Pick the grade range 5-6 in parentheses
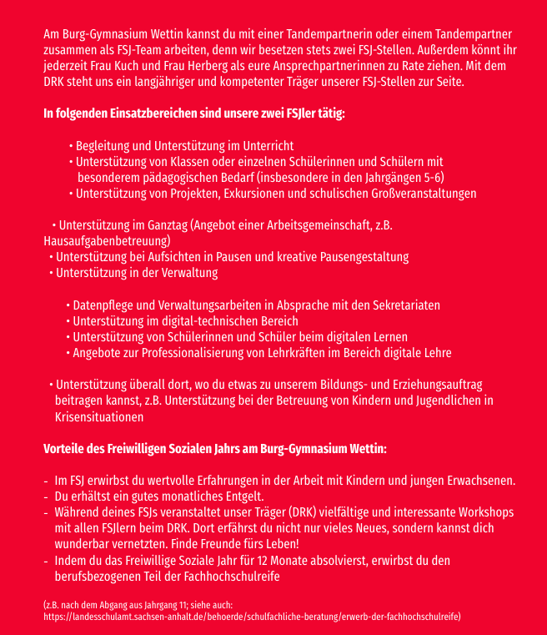pyautogui.click(x=429, y=178)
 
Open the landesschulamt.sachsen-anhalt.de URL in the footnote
pyautogui.click(x=250, y=616)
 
